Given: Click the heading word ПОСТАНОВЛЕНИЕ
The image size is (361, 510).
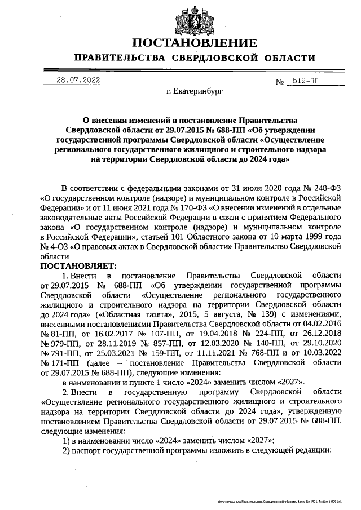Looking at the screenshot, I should click(195, 43).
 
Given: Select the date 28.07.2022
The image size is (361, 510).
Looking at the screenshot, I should click(78, 80).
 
